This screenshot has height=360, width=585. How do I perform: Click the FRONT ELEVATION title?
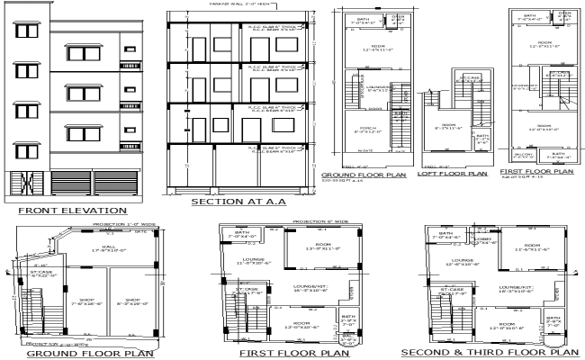click(x=75, y=211)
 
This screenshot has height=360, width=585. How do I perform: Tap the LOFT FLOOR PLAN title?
click(x=452, y=174)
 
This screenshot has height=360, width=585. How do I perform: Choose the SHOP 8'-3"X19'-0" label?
click(x=132, y=303)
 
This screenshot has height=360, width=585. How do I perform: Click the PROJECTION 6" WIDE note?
click(x=319, y=220)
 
